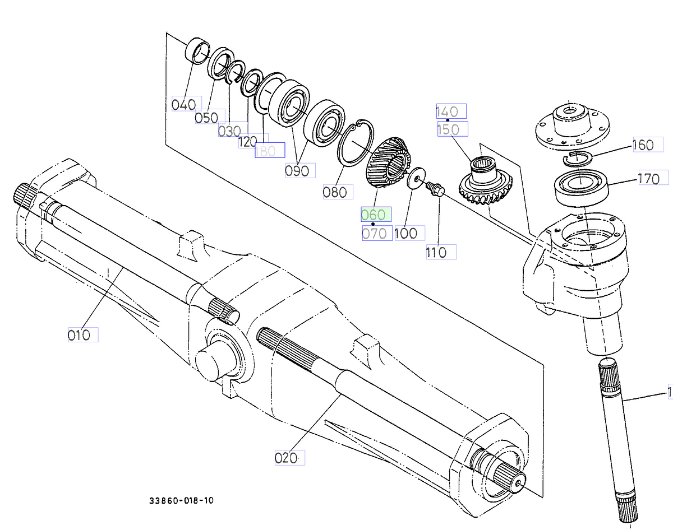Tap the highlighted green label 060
(374, 215)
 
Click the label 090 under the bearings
(298, 171)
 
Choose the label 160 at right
(644, 145)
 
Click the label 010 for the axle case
(80, 335)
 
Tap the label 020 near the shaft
(287, 458)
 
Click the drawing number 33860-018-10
(181, 500)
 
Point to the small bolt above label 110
(434, 189)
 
